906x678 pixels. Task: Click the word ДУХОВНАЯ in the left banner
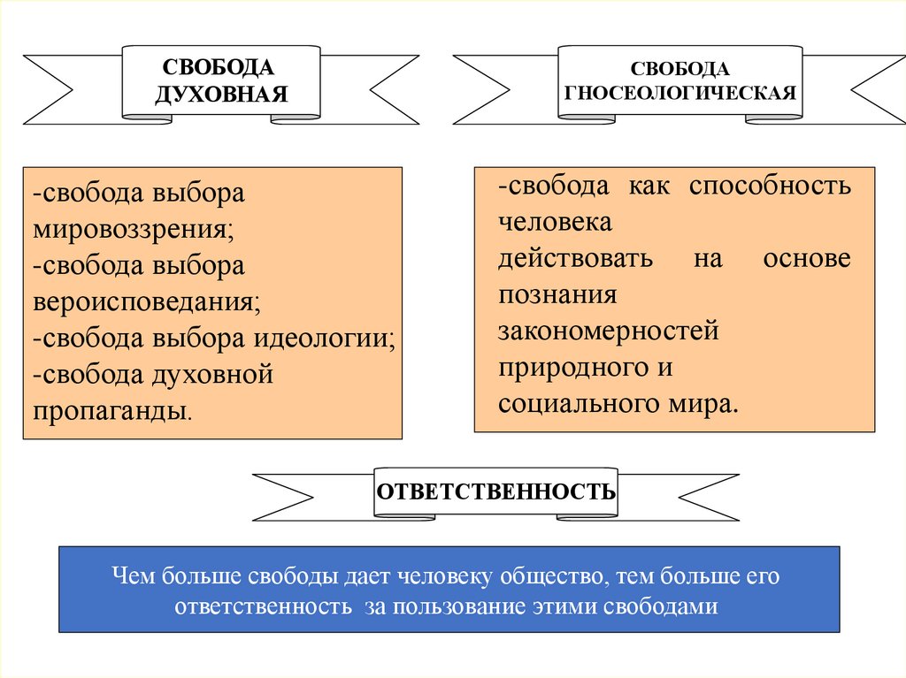coord(221,94)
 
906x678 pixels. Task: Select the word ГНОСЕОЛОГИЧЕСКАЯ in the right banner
coord(679,91)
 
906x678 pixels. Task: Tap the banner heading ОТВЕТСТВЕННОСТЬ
coord(495,491)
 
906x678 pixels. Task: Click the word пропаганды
coord(111,411)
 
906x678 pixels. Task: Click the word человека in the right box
coord(554,223)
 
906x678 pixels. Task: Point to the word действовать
coord(575,259)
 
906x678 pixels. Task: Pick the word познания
coord(557,295)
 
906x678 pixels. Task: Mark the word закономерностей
coord(608,331)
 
